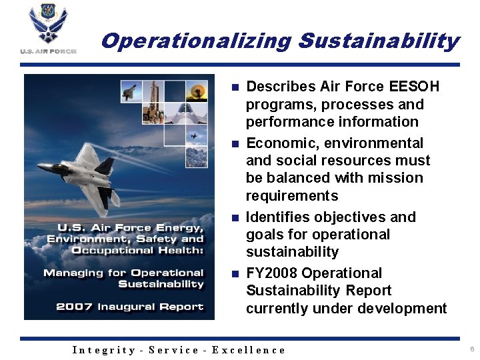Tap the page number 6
471,349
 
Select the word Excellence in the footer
249,350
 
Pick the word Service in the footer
173,350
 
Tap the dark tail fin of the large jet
105,164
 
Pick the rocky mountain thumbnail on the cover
197,157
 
